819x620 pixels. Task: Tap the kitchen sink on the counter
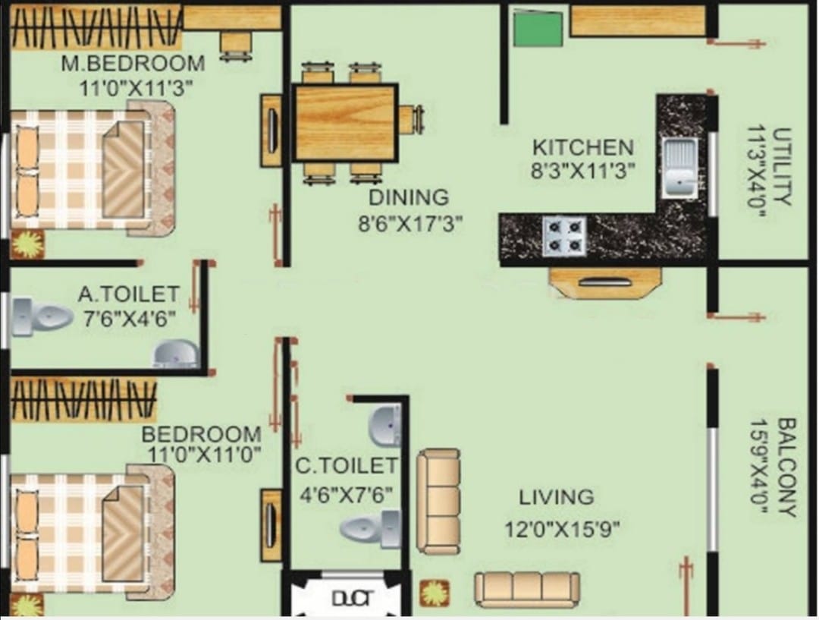(x=679, y=168)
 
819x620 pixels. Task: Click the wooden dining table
(x=345, y=122)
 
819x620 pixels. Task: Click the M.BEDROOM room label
(x=133, y=63)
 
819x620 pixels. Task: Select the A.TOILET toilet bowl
(x=42, y=316)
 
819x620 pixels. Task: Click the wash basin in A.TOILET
(x=176, y=354)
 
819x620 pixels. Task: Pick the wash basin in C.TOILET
(x=385, y=425)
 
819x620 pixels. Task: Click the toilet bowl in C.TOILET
(x=369, y=527)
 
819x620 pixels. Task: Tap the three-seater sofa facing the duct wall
(x=527, y=587)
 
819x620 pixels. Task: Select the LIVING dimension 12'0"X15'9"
(x=563, y=529)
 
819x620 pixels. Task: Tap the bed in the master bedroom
(x=91, y=172)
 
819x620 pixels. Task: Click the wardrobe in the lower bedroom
(x=83, y=399)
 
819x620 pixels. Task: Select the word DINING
(x=409, y=197)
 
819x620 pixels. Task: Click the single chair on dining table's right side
(x=410, y=119)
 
